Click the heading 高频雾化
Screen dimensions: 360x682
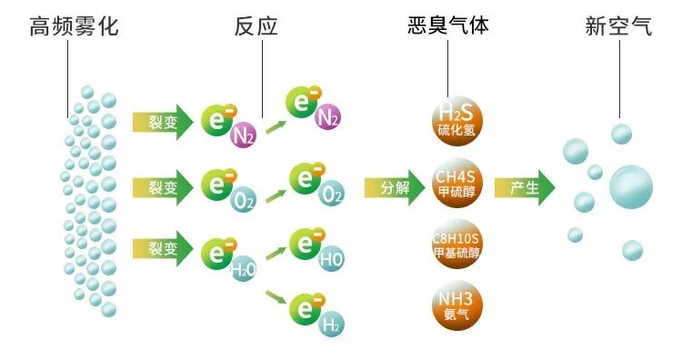pos(75,26)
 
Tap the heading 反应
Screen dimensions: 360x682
pos(256,26)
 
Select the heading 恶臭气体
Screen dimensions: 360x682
pos(448,25)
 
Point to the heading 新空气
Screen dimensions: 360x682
pos(618,26)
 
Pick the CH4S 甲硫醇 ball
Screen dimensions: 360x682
pos(456,187)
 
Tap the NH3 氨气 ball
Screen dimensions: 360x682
pos(456,305)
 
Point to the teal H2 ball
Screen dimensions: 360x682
pos(331,323)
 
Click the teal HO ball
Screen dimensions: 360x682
pos(331,259)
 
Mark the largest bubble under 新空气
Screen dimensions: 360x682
pos(630,187)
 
